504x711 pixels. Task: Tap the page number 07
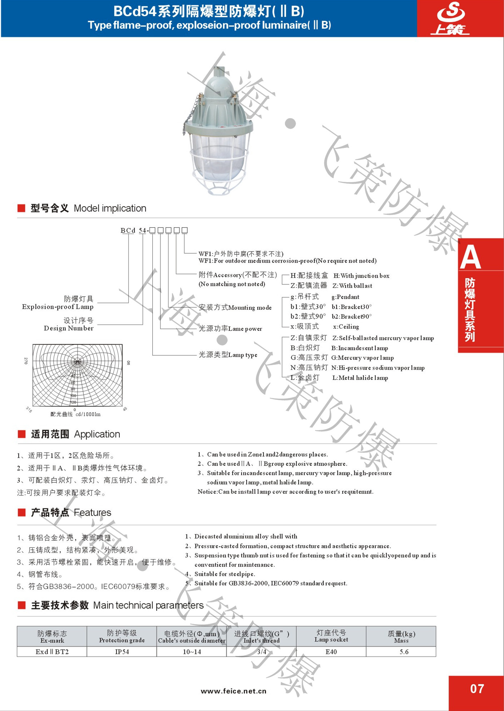click(x=477, y=688)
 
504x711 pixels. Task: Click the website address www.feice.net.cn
click(x=233, y=691)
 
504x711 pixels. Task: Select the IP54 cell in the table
click(x=122, y=652)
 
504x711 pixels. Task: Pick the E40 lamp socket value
click(x=331, y=652)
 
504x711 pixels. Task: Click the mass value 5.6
click(x=404, y=652)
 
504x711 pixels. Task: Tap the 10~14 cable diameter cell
click(x=192, y=652)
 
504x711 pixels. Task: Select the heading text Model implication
click(x=110, y=208)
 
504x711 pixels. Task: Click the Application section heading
click(x=97, y=434)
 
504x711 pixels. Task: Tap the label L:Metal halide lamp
click(x=360, y=378)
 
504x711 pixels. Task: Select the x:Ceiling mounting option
click(x=346, y=327)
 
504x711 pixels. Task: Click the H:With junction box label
click(x=361, y=276)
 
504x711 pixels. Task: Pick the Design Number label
click(x=69, y=328)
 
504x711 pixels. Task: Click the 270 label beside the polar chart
click(x=26, y=361)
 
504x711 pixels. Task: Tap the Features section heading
click(x=92, y=513)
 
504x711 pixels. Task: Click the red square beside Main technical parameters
click(x=22, y=605)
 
